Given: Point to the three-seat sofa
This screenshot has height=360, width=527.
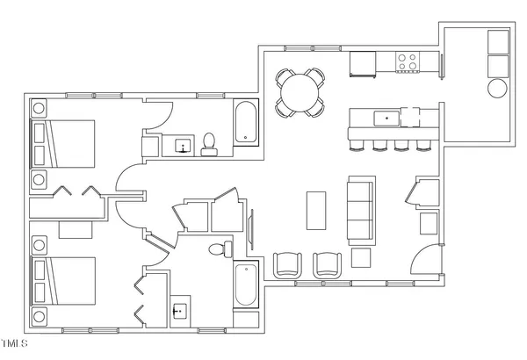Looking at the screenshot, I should [x=360, y=210].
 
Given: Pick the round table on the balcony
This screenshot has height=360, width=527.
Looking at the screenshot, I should [x=497, y=89].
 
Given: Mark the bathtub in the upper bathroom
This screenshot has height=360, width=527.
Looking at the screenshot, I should [x=245, y=124].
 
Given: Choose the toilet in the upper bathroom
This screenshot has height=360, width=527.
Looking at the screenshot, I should [x=209, y=143].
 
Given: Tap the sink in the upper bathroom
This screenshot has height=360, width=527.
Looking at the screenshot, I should [x=184, y=146].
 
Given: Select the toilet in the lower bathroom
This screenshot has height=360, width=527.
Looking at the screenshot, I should [x=219, y=248].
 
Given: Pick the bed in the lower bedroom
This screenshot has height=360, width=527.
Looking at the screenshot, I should [x=63, y=280].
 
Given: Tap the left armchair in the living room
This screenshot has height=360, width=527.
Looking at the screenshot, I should [x=287, y=264].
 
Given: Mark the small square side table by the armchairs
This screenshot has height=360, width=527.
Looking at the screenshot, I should [x=360, y=258].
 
